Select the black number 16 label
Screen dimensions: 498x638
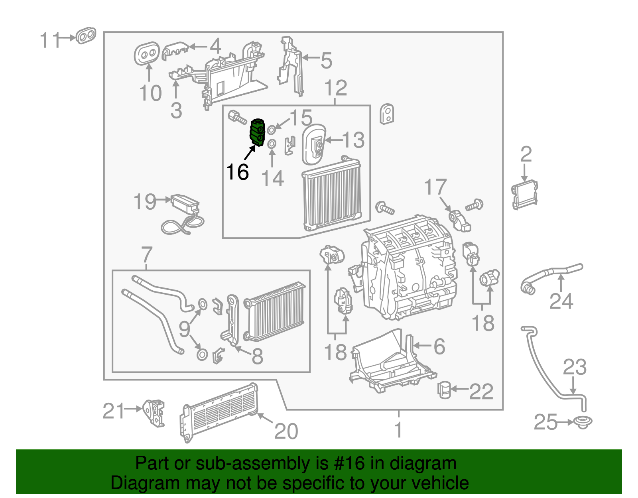coord(237,172)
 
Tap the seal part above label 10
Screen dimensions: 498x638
coord(147,53)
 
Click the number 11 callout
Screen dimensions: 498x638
coord(50,40)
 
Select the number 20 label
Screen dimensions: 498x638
coord(286,431)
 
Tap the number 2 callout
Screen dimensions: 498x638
coord(526,154)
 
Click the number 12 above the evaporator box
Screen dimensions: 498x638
coord(335,89)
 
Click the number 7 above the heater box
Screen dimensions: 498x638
coord(147,254)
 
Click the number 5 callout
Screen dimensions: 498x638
coord(326,61)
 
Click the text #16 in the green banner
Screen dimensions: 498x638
coord(349,463)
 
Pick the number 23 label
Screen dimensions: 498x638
coord(574,367)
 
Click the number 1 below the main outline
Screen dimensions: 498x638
coord(398,430)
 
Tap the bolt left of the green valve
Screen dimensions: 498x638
coord(236,117)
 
